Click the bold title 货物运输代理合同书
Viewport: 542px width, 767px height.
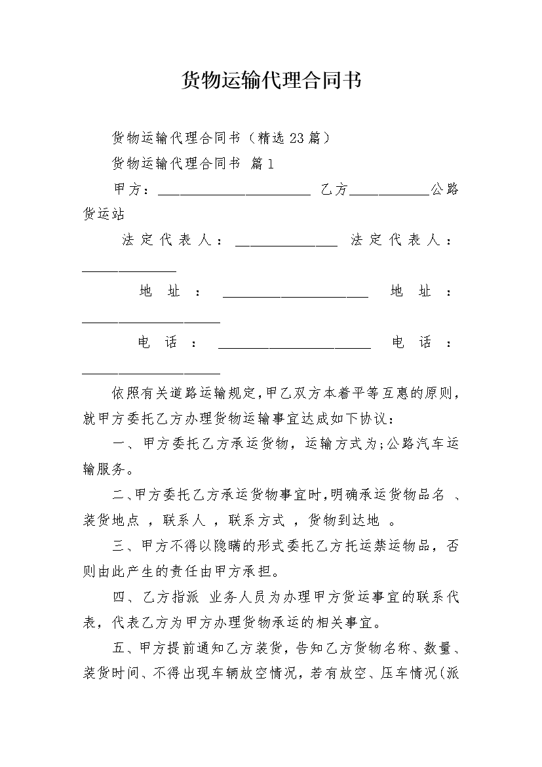[271, 81]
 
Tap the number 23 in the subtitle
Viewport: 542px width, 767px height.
[296, 138]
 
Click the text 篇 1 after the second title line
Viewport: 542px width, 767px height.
[262, 163]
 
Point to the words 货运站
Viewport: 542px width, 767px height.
[104, 214]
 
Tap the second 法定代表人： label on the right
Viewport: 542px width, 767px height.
[401, 241]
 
